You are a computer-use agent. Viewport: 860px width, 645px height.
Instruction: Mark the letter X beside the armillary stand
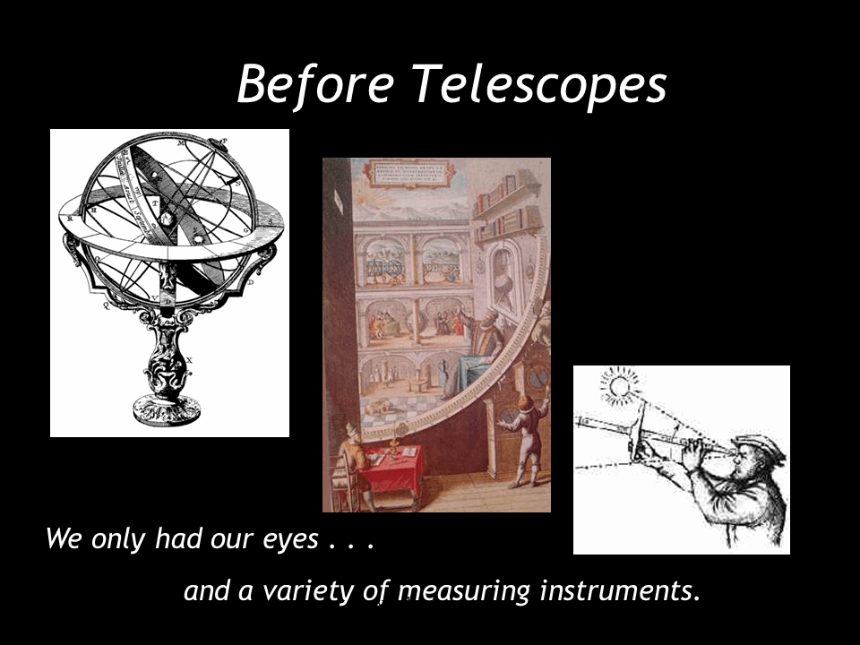coord(189,360)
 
